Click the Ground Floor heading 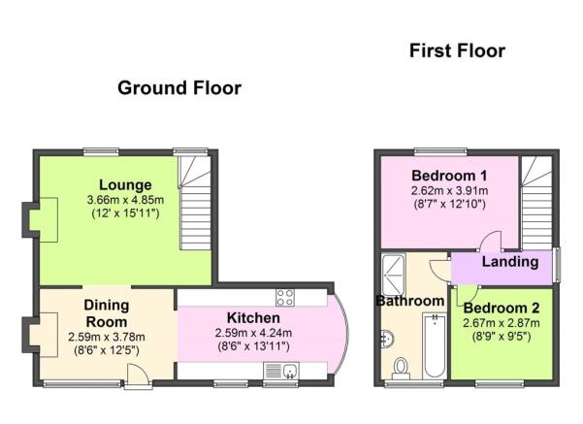tap(179, 88)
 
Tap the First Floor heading tap(457, 51)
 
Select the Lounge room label tap(125, 185)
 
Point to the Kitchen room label tap(253, 318)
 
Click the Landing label tap(510, 262)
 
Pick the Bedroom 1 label tap(449, 176)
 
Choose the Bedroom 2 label tap(502, 308)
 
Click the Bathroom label tap(410, 301)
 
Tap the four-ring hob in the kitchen tap(285, 298)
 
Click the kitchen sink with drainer tap(281, 371)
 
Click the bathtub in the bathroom tap(435, 345)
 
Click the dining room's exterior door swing tap(138, 375)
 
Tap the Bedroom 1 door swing tap(491, 241)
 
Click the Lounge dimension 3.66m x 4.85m tap(125, 200)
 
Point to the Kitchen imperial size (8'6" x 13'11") tap(253, 346)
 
